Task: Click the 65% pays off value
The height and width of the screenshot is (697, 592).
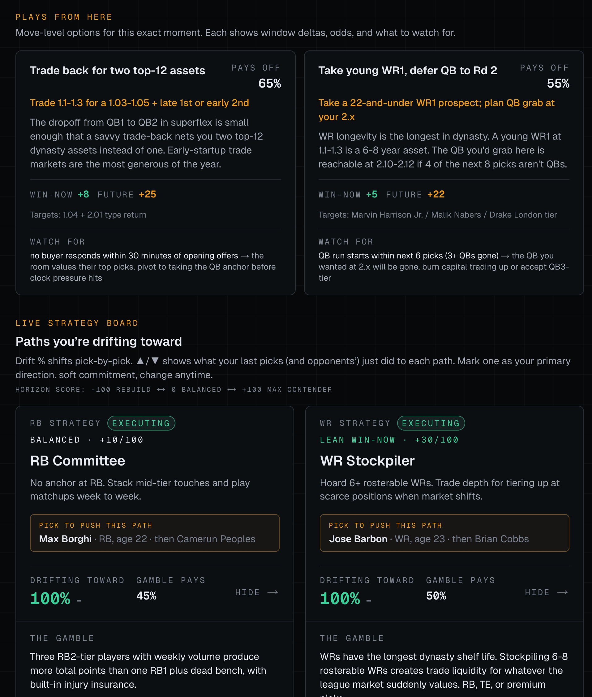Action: [x=269, y=83]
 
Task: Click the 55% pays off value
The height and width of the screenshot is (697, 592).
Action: [x=558, y=83]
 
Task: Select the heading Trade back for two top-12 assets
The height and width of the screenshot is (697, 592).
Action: [x=118, y=71]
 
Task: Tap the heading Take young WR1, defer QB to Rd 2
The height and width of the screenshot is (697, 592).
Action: [x=407, y=71]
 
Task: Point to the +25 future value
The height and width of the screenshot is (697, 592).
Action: [x=147, y=194]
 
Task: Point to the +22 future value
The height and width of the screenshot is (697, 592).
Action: [x=435, y=194]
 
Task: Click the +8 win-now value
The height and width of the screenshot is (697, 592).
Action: [x=83, y=194]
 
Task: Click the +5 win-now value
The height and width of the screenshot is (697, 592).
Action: [x=371, y=194]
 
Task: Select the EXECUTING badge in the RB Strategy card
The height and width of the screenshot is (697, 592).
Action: [x=141, y=423]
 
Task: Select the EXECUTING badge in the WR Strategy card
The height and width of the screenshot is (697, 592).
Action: [x=431, y=423]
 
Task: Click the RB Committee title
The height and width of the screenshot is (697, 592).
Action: [x=78, y=461]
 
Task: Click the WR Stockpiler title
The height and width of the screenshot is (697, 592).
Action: [x=367, y=461]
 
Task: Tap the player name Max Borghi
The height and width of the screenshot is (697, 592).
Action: [x=66, y=539]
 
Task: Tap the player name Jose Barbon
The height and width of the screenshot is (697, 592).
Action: [x=358, y=539]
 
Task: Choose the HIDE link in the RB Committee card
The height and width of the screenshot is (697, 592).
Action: [x=256, y=592]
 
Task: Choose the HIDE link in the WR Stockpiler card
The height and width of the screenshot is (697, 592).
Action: [x=546, y=592]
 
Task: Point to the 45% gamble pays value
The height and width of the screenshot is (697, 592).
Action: [x=146, y=596]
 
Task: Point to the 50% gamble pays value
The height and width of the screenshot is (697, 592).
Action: [x=436, y=596]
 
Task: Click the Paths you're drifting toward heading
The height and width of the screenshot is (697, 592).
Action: [x=99, y=341]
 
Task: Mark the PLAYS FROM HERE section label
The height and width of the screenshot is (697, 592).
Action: [x=64, y=17]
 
